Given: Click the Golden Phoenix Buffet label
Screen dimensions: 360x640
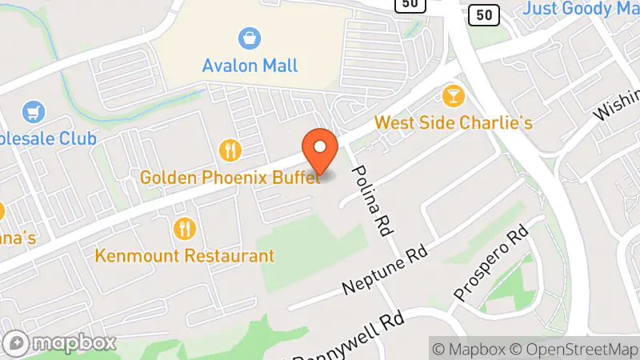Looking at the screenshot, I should pos(230,177).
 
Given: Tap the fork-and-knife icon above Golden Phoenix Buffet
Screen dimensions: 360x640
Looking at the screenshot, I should pos(230,150).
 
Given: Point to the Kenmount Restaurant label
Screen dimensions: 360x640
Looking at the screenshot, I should pos(185,256).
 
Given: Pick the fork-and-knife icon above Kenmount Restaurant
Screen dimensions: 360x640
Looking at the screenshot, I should pos(185,229).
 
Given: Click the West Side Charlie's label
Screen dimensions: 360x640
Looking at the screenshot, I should pos(454,123).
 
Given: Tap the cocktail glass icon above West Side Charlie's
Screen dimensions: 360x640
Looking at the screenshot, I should pos(454,97).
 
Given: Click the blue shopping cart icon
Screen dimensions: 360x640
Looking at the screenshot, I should pos(34,111).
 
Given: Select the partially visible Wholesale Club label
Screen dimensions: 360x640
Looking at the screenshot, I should pos(48,138).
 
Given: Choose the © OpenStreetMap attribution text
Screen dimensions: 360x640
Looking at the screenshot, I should pos(574,349).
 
